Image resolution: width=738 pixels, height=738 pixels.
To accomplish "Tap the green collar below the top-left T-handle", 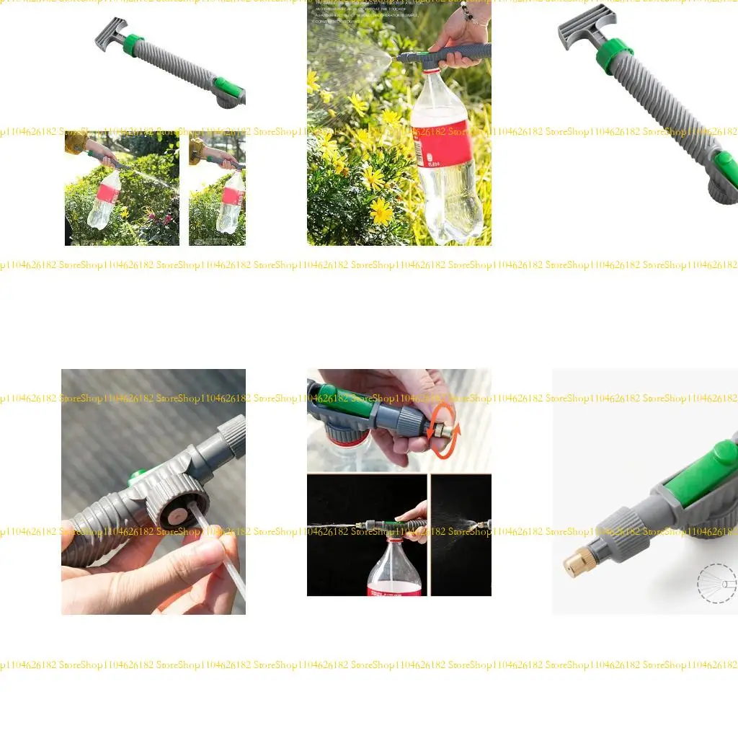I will coord(133,45).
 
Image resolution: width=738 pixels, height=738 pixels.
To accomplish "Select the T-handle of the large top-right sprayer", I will coord(585,26).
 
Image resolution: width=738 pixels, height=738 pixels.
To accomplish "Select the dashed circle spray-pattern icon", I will coord(716,582).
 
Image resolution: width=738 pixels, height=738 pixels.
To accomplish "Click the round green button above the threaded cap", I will coord(133,478).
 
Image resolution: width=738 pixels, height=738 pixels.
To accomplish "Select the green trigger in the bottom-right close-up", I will coord(703,472).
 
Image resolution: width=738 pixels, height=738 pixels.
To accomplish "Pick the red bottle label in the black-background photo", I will coord(394,590).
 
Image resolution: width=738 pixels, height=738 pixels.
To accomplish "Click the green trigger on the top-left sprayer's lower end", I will coord(228,88).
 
